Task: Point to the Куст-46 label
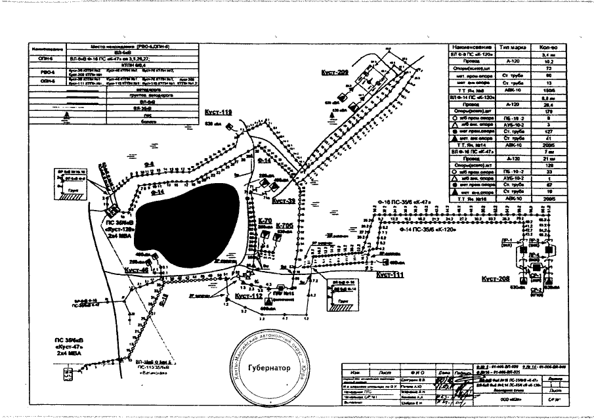(135, 269)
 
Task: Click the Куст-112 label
(248, 296)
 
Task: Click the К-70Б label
(284, 225)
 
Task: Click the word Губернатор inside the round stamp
(270, 367)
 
